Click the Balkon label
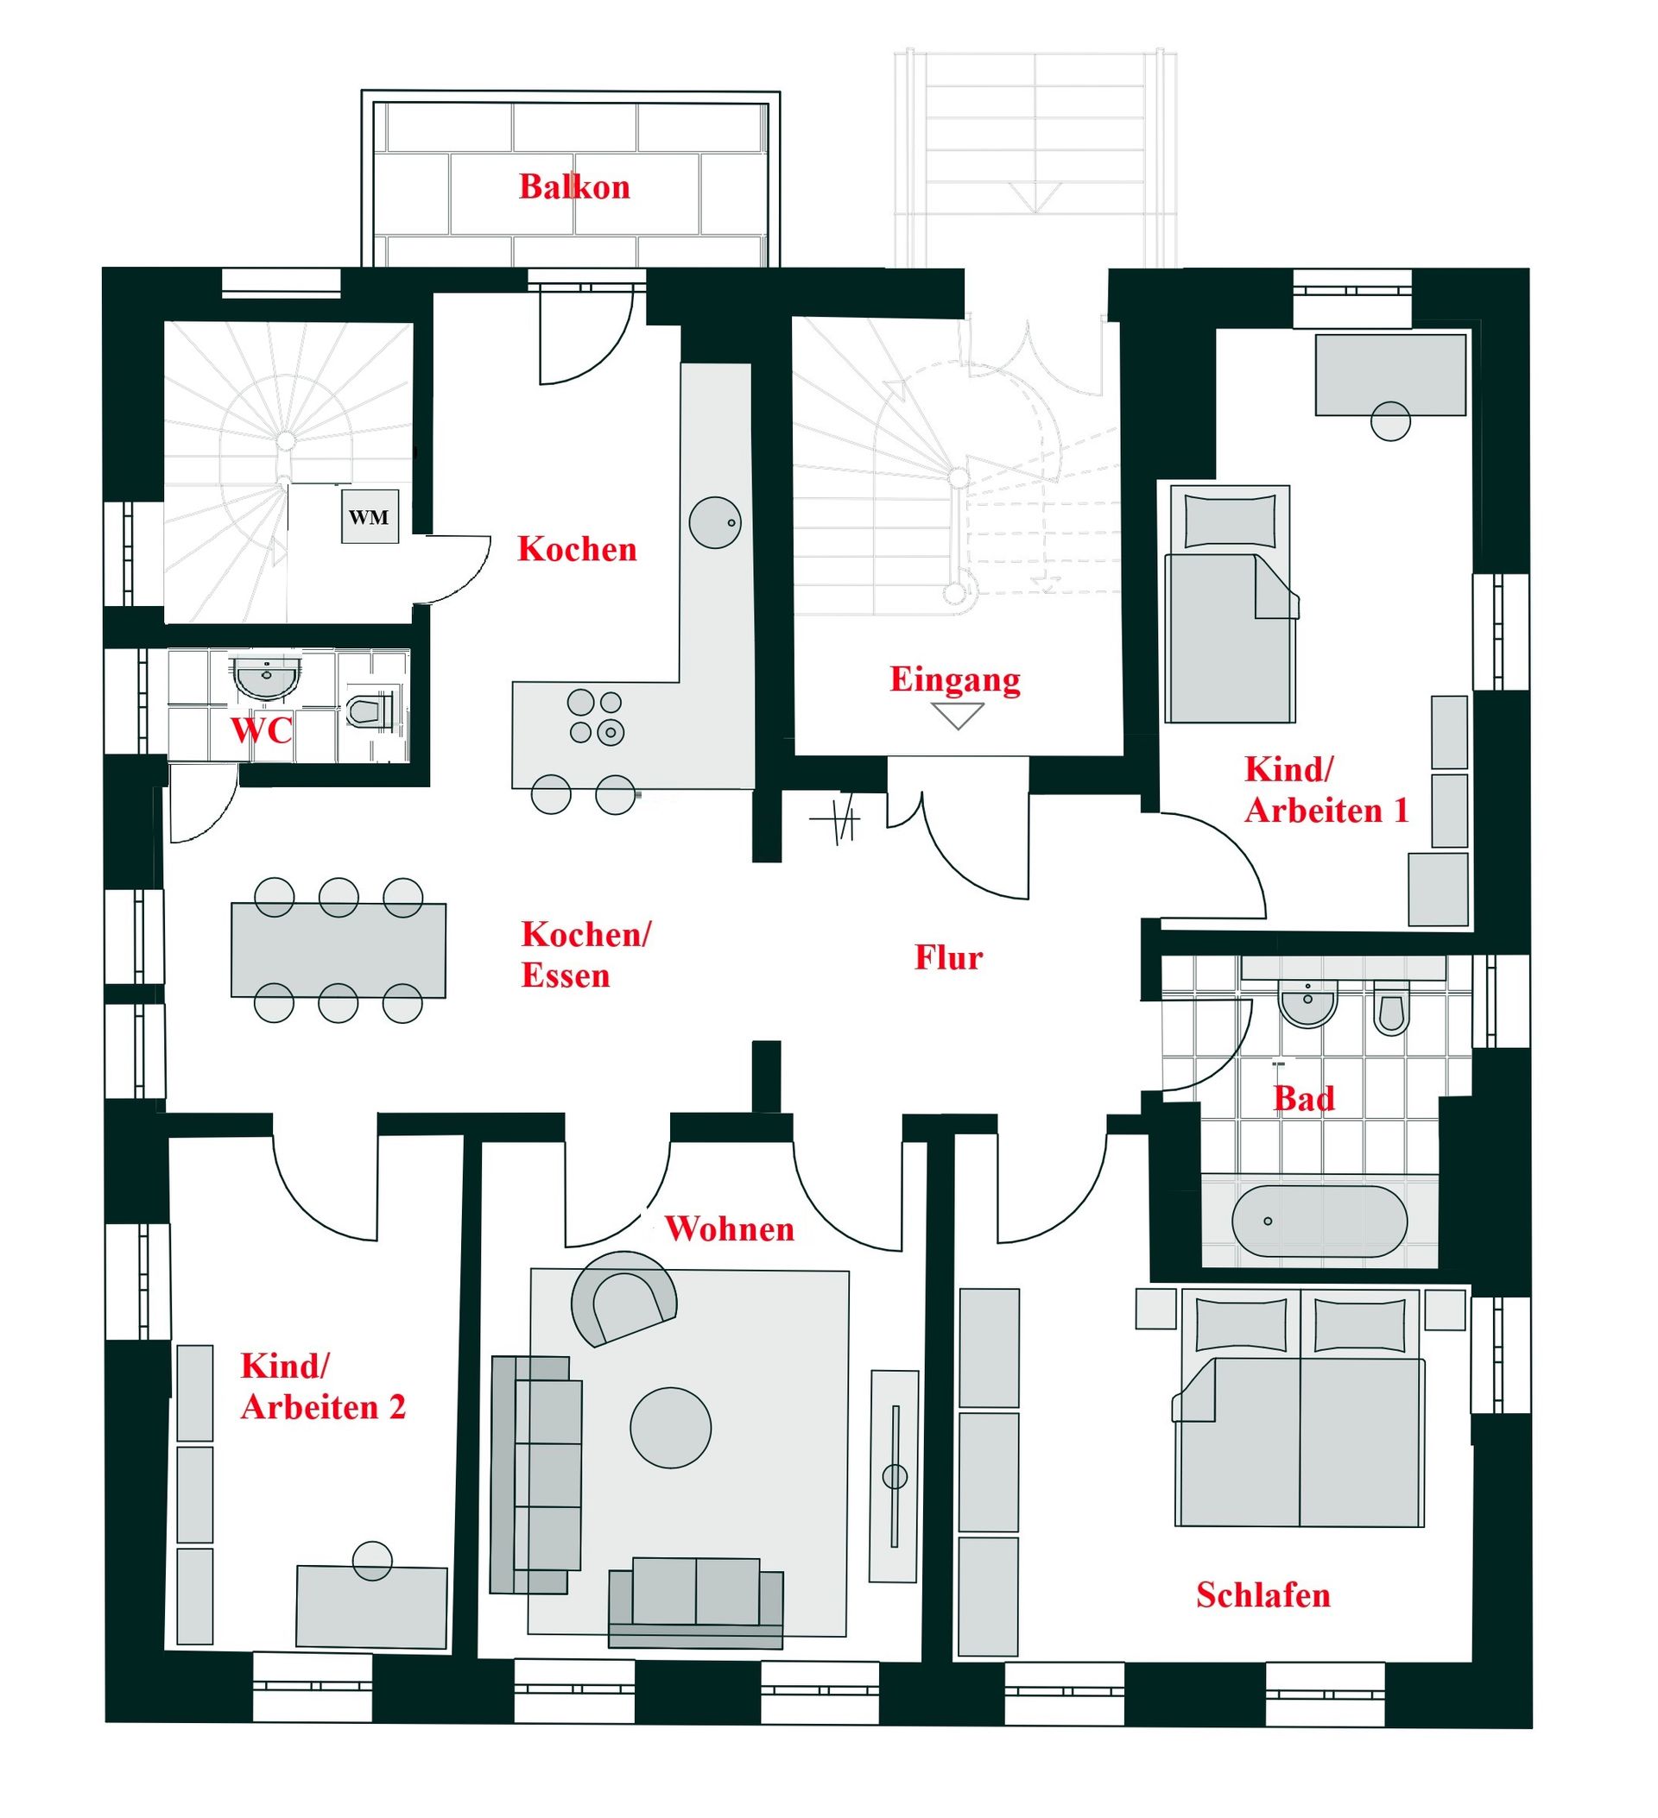[573, 186]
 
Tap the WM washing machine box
[370, 517]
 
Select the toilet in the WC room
[370, 710]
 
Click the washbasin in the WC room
[265, 679]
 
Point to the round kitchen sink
[715, 522]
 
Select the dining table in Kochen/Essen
[339, 950]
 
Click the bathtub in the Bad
[1318, 1221]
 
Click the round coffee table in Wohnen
[670, 1428]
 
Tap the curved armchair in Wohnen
[623, 1298]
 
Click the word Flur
[948, 956]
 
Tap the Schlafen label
[1262, 1594]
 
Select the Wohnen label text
[730, 1228]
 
